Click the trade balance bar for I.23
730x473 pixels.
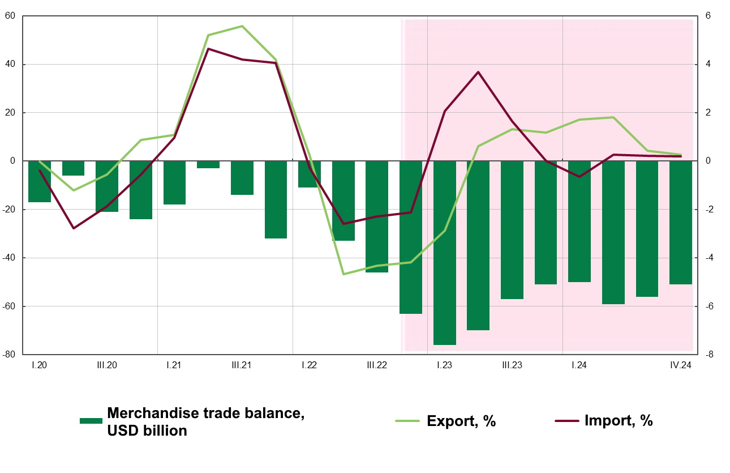tap(445, 253)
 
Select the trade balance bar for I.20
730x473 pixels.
tap(40, 181)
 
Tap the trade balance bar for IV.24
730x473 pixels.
tap(681, 223)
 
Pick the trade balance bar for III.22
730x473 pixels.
tap(377, 217)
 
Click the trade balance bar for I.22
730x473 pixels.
tap(309, 174)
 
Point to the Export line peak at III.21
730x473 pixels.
tap(242, 26)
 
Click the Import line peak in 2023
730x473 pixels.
tap(478, 72)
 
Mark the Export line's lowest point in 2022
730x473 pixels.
tap(343, 274)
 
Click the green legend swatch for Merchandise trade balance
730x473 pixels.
tap(91, 421)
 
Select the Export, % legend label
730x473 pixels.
tap(461, 421)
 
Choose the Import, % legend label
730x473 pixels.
tap(619, 421)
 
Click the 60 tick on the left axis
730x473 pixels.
tap(10, 16)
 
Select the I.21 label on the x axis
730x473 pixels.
tap(174, 365)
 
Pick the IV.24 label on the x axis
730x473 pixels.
tap(681, 365)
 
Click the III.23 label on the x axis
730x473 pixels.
tap(512, 365)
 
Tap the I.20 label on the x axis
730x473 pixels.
tap(39, 365)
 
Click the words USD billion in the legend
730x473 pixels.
tap(147, 431)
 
